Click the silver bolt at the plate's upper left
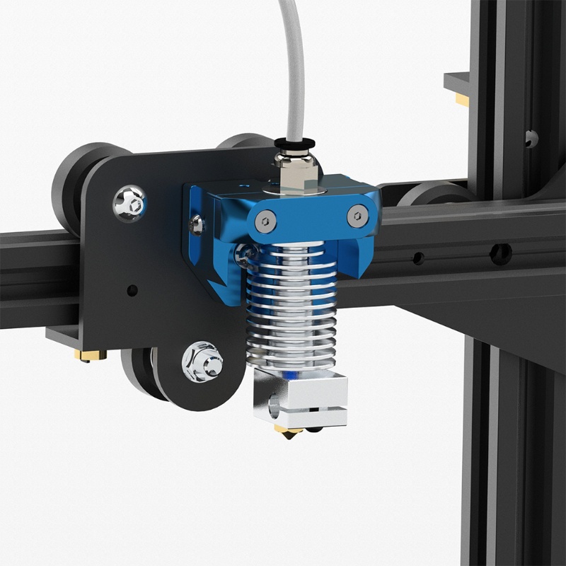point(129,202)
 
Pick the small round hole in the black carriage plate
point(132,289)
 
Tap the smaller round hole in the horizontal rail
point(419,258)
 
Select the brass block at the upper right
point(462,100)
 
